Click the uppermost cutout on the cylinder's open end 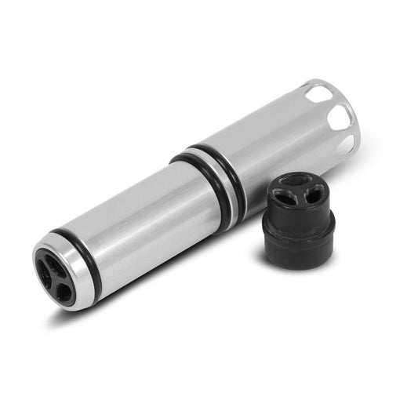tap(319, 94)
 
